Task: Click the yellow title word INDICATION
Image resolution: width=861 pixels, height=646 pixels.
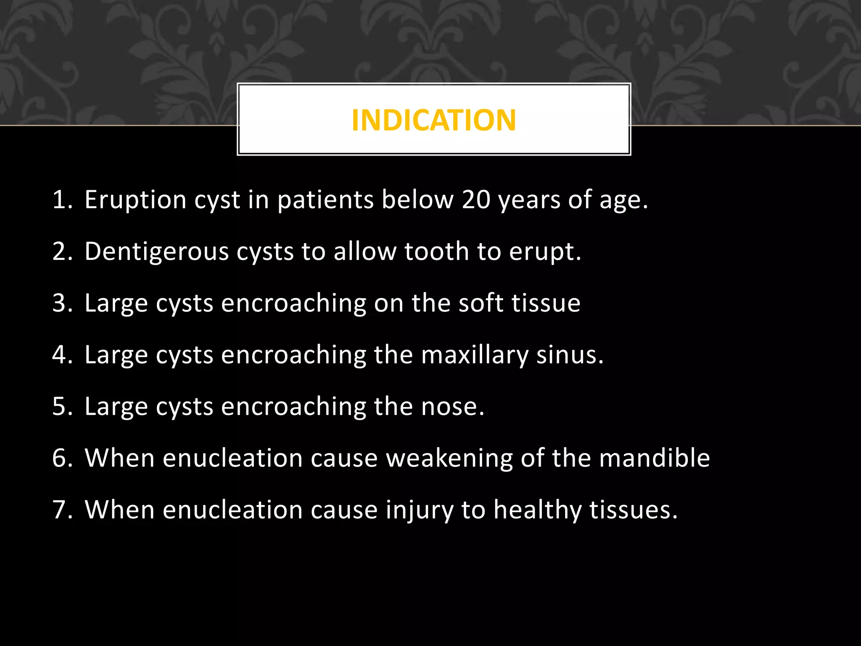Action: (433, 120)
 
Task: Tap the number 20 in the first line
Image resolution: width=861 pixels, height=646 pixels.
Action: (476, 199)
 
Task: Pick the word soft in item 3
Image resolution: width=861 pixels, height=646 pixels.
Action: (481, 303)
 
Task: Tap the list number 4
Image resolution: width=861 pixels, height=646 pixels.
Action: (61, 355)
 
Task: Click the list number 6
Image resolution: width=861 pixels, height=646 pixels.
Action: (61, 458)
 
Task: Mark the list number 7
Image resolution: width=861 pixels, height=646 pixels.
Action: (61, 510)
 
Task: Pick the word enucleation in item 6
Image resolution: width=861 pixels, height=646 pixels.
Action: (232, 458)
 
